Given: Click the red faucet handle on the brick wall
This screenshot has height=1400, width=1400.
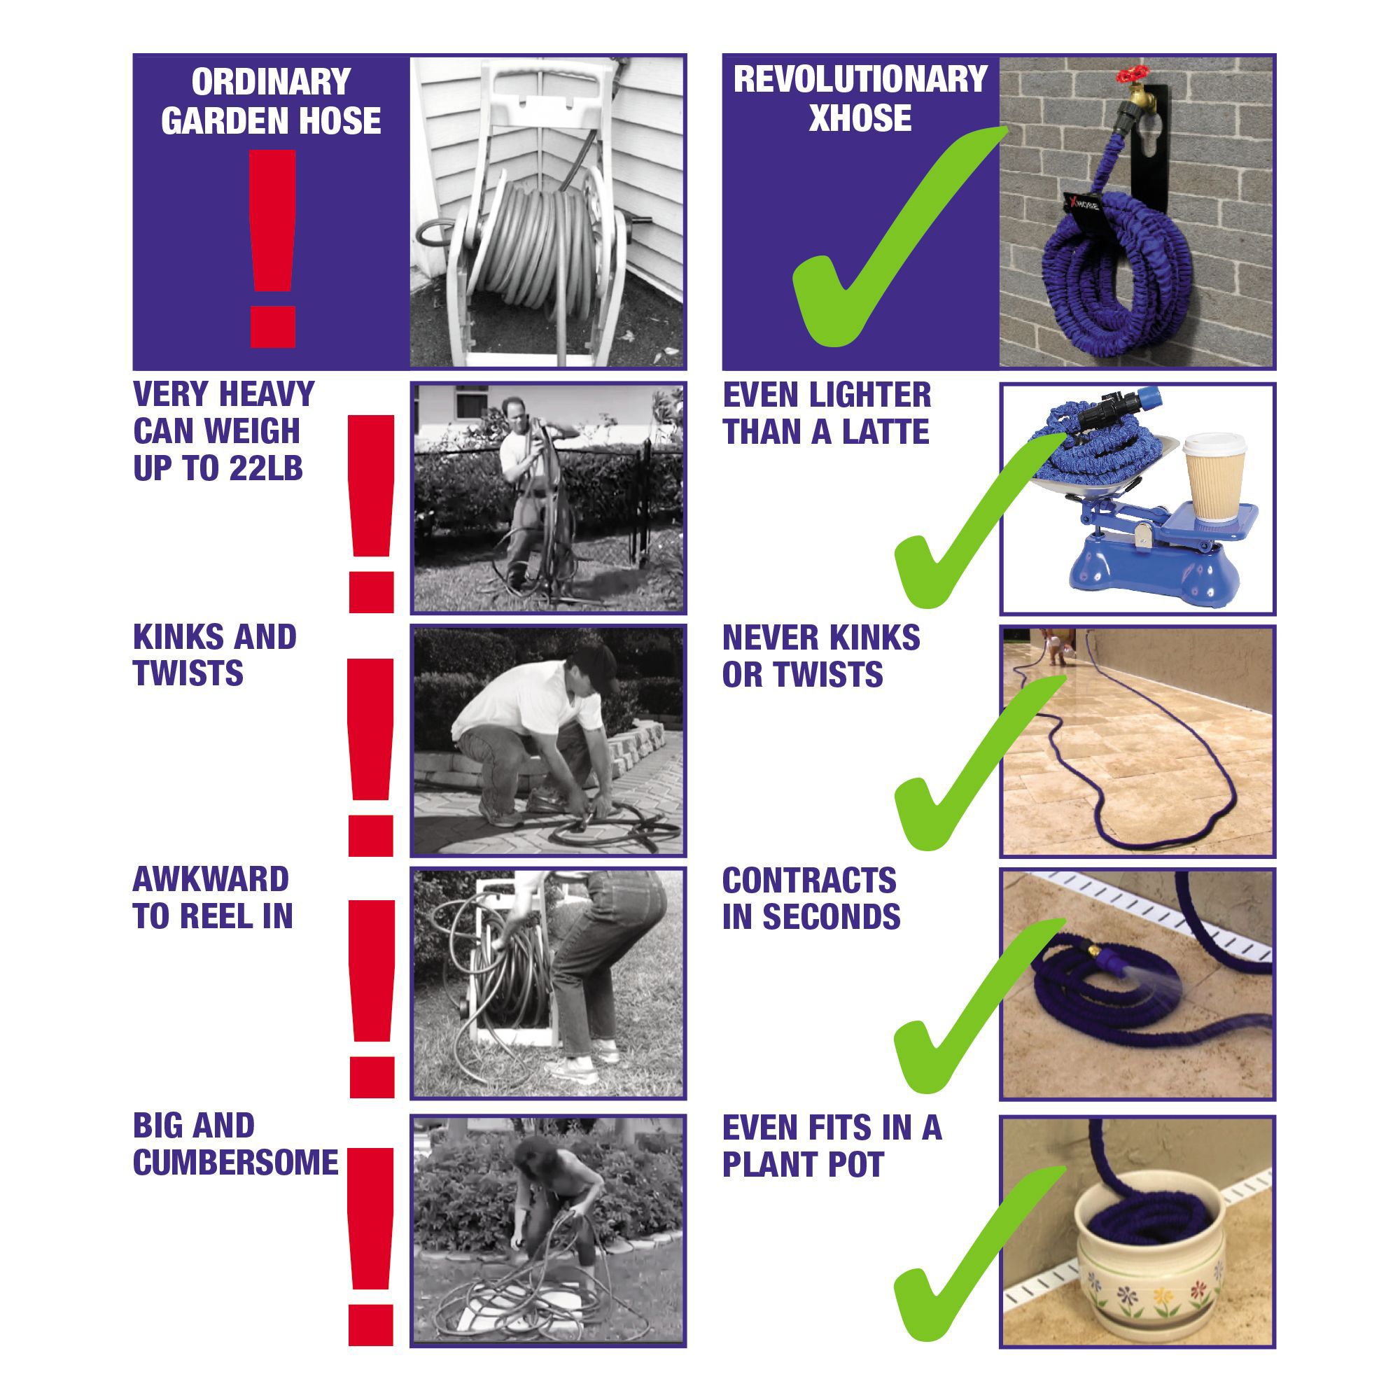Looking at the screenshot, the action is point(1132,75).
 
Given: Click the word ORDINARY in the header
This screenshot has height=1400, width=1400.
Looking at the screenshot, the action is point(271,82).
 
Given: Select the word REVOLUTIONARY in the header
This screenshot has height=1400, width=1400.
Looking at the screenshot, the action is point(860,79).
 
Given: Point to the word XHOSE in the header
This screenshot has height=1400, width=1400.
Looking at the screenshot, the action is point(860,118).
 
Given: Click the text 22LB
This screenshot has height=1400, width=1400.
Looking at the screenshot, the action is point(266,468).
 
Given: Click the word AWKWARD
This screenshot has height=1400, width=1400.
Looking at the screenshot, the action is point(211,880).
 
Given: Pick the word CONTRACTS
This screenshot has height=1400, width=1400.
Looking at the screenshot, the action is point(809,881).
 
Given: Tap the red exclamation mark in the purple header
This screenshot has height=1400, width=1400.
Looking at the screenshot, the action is point(272,248).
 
